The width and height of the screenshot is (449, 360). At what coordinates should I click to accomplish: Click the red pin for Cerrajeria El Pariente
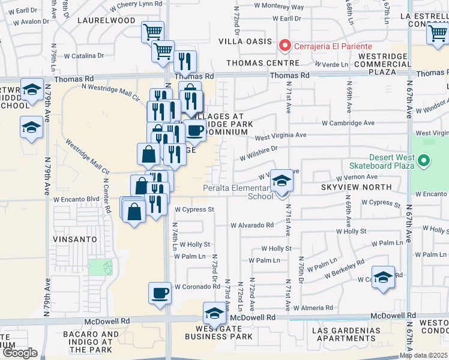(285, 46)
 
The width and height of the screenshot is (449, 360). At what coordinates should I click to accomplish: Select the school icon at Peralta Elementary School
(280, 181)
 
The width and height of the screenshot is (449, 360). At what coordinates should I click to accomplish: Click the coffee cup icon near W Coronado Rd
(160, 293)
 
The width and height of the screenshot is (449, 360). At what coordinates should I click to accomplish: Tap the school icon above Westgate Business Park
(214, 313)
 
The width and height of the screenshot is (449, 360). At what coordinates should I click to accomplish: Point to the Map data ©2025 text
(423, 355)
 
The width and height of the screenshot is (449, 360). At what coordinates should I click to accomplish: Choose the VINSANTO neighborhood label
(75, 239)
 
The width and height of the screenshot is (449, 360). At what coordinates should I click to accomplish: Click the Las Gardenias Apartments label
(342, 335)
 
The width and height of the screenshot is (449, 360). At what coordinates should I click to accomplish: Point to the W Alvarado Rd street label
(252, 226)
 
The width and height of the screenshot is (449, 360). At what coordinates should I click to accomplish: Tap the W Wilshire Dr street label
(258, 153)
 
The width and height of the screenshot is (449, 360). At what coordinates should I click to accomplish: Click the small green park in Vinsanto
(101, 268)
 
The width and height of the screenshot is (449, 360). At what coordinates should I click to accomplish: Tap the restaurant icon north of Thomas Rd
(184, 61)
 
